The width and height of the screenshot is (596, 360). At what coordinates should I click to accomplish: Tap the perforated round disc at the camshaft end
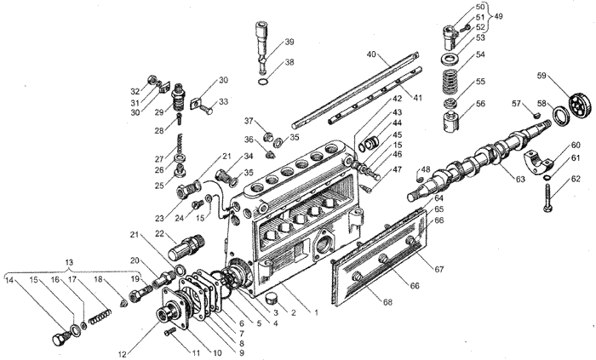[581, 106]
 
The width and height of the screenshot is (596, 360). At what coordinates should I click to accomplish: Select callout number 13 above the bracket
[69, 262]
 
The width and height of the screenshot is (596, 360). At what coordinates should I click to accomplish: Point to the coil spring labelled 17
[100, 316]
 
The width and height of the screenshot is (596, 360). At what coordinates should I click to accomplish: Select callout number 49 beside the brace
[497, 17]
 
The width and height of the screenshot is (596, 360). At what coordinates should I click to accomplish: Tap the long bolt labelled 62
[547, 197]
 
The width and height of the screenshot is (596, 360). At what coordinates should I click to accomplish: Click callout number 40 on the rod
[371, 54]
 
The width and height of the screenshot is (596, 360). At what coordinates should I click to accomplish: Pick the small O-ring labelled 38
[264, 82]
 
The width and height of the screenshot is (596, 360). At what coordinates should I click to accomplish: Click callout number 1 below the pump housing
[316, 312]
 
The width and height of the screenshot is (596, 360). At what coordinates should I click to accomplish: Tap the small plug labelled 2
[273, 298]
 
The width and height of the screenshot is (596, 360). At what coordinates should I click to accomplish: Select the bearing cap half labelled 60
[538, 161]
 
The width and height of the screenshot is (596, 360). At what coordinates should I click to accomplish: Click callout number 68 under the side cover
[387, 302]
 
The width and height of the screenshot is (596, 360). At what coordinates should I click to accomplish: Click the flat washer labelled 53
[450, 60]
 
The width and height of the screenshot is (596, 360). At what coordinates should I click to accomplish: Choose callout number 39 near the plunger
[289, 42]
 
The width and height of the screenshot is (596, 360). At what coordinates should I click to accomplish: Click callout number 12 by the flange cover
[122, 355]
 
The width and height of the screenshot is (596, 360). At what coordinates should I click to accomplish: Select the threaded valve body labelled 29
[180, 98]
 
